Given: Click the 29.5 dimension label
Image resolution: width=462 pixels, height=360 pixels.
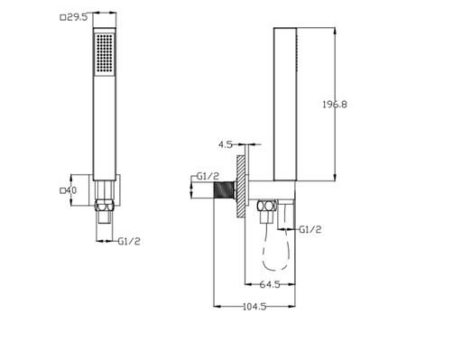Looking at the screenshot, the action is (77, 17).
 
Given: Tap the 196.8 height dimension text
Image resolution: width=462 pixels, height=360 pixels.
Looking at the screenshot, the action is (335, 105).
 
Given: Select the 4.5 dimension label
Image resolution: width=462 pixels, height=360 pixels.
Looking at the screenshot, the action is (226, 144).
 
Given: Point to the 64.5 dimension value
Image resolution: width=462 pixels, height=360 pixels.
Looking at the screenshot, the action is (270, 284).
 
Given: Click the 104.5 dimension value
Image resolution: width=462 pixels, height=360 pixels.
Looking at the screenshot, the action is (254, 307).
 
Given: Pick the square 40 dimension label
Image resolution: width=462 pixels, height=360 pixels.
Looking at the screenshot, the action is (71, 190).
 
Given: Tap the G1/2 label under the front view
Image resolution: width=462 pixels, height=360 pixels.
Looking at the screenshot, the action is (129, 241).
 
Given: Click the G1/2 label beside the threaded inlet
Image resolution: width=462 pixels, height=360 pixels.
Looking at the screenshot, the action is (208, 176).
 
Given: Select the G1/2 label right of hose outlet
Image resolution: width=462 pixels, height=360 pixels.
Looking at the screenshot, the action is (310, 230).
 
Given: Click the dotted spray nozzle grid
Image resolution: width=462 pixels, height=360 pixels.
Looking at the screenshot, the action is (105, 53).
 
